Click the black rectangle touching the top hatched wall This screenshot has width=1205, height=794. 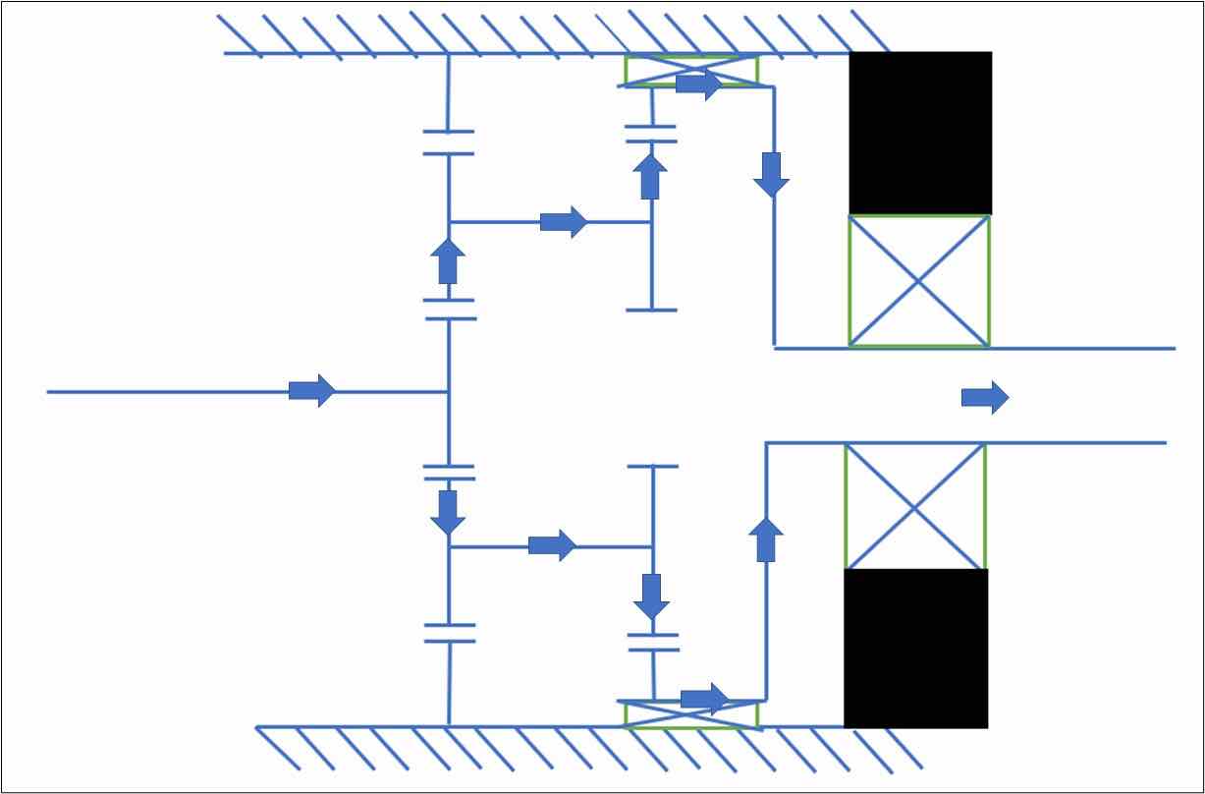click(x=920, y=133)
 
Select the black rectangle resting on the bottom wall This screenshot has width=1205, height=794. click(x=915, y=649)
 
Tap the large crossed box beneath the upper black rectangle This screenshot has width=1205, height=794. click(x=919, y=281)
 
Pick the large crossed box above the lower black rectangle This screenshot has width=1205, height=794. click(x=914, y=506)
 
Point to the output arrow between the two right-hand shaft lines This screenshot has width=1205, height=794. click(x=984, y=397)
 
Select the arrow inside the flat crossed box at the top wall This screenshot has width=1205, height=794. click(x=698, y=85)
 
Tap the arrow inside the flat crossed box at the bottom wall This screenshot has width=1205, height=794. click(x=704, y=699)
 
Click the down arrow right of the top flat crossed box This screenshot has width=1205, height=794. click(x=773, y=174)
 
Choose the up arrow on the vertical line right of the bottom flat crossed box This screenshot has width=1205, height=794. click(x=766, y=539)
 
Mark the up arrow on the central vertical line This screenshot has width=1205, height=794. click(x=448, y=261)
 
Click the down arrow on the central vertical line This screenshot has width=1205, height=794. click(x=448, y=512)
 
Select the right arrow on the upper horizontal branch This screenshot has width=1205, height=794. click(x=563, y=222)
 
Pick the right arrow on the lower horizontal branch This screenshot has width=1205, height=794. click(x=552, y=545)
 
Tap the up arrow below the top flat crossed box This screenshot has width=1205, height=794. click(x=649, y=176)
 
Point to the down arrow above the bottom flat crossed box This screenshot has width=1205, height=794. click(x=650, y=596)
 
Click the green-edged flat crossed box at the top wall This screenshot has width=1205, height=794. click(x=691, y=71)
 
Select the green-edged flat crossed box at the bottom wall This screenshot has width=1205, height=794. click(x=691, y=713)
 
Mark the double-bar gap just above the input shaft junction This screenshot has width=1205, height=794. click(x=449, y=310)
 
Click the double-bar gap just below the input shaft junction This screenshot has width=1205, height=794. click(x=449, y=473)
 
